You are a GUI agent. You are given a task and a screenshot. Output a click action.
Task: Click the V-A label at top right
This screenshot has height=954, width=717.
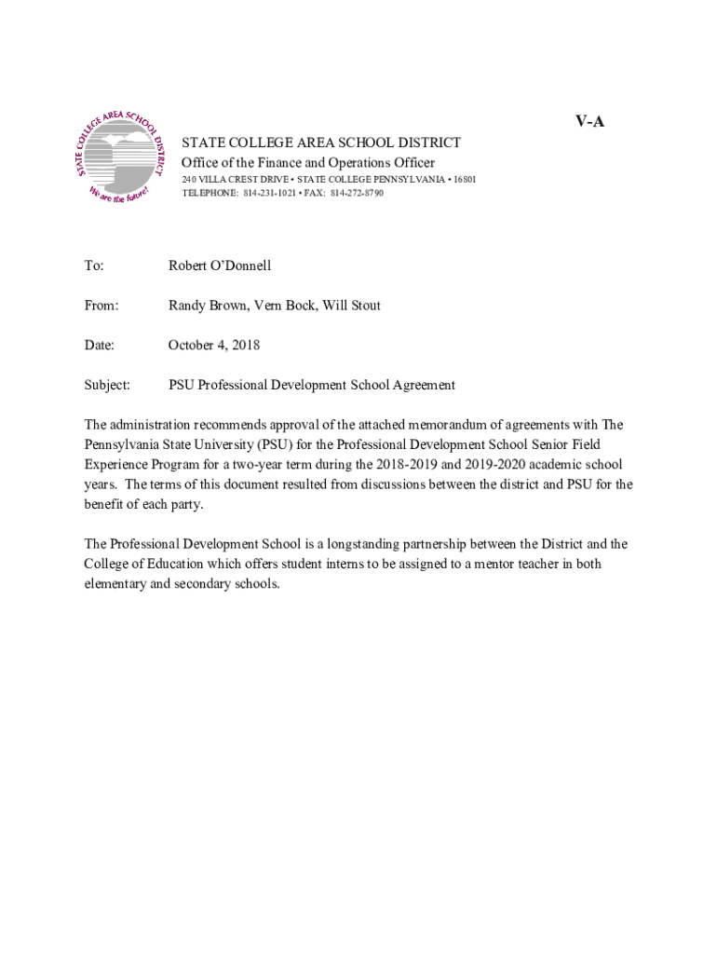(x=589, y=121)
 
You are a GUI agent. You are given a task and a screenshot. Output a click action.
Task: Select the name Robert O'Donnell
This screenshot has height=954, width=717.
(x=220, y=266)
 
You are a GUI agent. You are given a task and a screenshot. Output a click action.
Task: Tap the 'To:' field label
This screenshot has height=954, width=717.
(x=94, y=266)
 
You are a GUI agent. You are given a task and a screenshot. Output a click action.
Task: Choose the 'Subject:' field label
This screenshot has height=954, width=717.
(x=107, y=385)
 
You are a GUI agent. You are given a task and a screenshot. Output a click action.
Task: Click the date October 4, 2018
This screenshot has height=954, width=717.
(x=214, y=346)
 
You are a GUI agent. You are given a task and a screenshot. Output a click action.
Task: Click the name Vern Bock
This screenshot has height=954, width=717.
(x=284, y=306)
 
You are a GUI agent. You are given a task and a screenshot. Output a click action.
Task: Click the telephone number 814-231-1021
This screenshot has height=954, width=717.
(x=272, y=193)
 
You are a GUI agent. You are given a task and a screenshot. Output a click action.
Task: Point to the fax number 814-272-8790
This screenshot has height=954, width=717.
(x=355, y=193)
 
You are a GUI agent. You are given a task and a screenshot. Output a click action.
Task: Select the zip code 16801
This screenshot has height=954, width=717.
(x=463, y=179)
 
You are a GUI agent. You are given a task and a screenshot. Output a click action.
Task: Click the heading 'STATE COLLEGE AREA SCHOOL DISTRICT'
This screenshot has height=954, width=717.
(x=321, y=143)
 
